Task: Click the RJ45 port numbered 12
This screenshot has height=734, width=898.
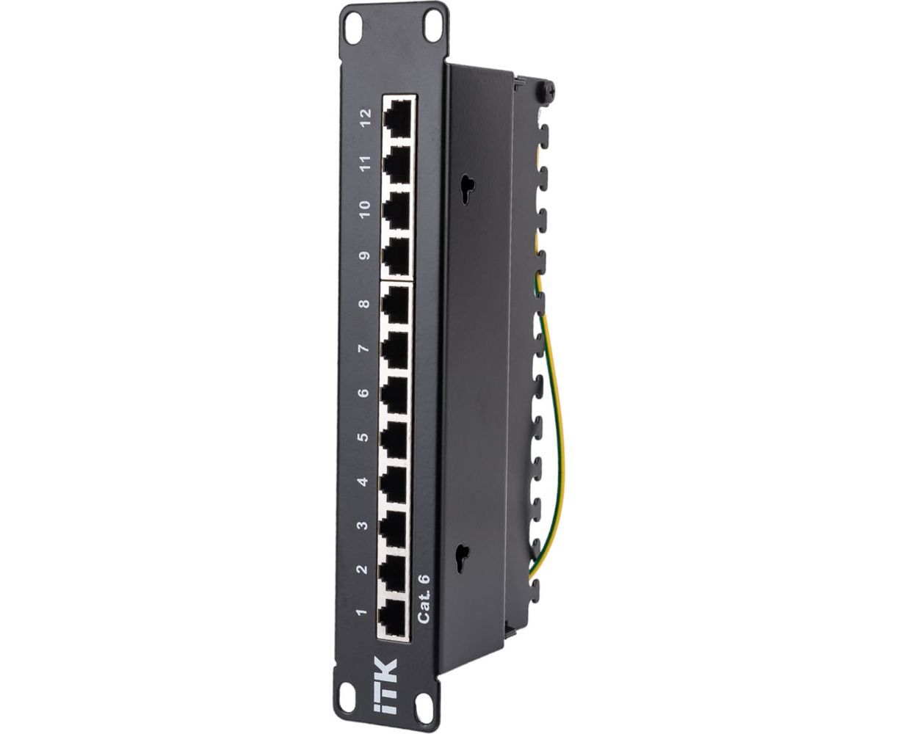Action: pyautogui.click(x=398, y=118)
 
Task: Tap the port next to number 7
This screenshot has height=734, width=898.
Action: pyautogui.click(x=395, y=350)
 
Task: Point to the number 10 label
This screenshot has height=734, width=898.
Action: pyautogui.click(x=365, y=209)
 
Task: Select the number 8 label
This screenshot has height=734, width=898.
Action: pyautogui.click(x=364, y=304)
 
